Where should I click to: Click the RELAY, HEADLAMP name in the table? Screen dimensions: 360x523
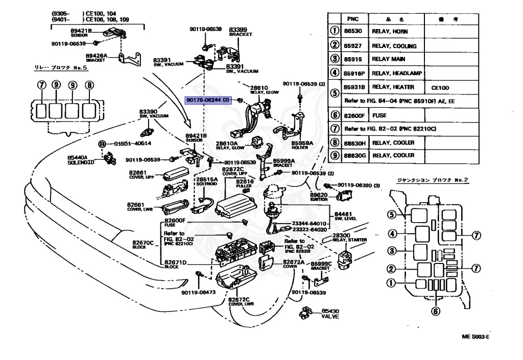tap(397, 73)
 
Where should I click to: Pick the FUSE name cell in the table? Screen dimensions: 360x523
tap(379, 116)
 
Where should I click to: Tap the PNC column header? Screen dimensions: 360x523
tap(352, 19)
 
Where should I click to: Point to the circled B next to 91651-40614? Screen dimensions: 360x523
tap(102, 145)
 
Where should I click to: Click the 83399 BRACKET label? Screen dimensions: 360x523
tap(238, 32)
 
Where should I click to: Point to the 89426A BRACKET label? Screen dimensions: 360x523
tap(96, 57)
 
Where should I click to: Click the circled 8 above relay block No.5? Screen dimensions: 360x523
tap(89, 85)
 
